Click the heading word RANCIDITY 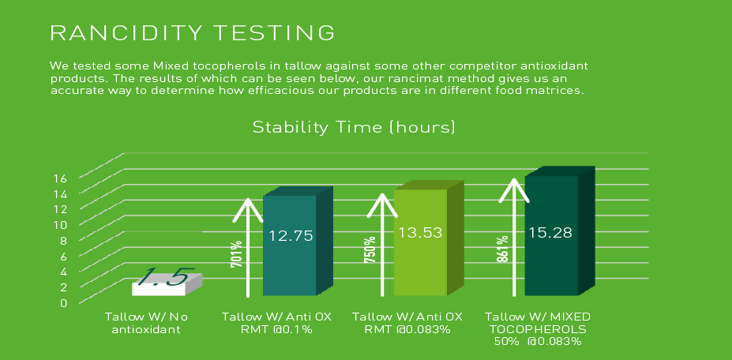[127, 32]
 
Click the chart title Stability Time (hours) [354, 127]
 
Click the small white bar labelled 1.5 [167, 284]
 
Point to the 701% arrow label [237, 254]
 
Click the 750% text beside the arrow [370, 249]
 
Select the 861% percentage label [503, 249]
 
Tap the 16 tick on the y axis [62, 178]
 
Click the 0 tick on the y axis [63, 302]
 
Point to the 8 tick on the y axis [63, 240]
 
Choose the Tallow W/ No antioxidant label [147, 323]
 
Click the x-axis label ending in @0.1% [276, 323]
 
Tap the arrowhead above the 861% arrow [514, 189]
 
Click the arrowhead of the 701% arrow [248, 209]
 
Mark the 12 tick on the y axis [62, 208]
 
